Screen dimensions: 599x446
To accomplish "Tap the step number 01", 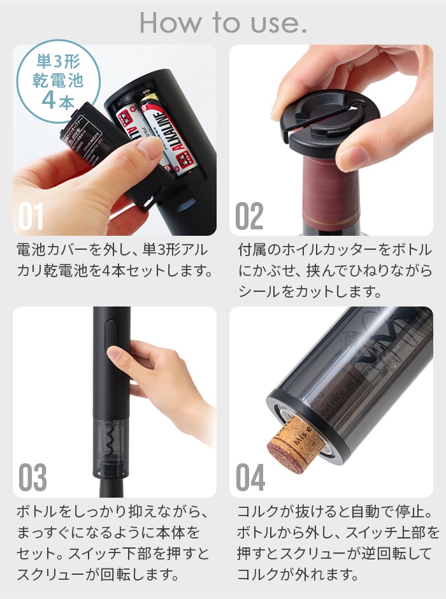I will click(31, 217).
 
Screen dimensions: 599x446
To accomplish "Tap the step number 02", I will click(249, 217).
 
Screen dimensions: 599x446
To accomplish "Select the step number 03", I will click(32, 478).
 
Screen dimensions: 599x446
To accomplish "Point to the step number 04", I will click(250, 478).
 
